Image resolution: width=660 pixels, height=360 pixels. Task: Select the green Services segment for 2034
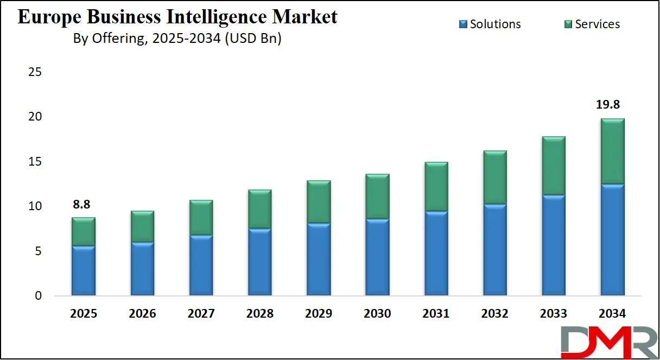[612, 151]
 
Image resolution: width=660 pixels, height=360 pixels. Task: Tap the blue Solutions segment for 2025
[84, 271]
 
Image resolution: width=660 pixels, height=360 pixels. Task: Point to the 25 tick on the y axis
[35, 72]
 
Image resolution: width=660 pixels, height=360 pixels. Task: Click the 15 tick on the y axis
[35, 162]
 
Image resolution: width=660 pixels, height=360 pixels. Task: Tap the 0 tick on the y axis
[38, 296]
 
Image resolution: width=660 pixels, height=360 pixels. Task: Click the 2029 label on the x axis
[319, 314]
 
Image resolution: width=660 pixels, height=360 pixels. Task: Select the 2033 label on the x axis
[554, 314]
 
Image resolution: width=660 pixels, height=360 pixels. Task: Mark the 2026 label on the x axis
[142, 314]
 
